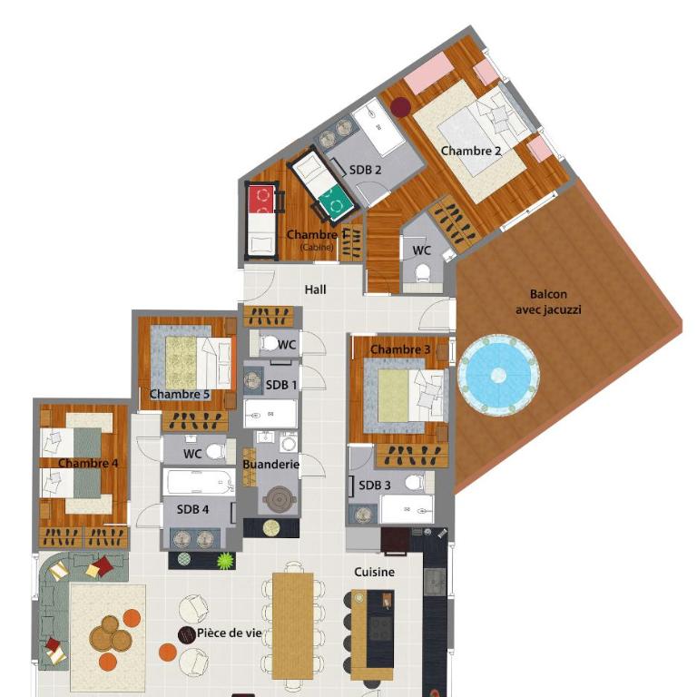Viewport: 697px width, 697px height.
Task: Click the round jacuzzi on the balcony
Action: tap(498, 375)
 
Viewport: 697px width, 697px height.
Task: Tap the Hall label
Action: tap(315, 290)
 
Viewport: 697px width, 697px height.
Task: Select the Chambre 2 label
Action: tap(471, 152)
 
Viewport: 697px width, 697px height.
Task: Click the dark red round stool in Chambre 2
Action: tap(401, 107)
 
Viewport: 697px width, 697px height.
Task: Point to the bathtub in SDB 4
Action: tap(199, 482)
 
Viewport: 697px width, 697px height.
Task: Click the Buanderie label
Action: tap(270, 465)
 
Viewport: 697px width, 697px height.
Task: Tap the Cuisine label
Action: tap(374, 572)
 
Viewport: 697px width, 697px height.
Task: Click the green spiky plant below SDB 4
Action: tap(225, 561)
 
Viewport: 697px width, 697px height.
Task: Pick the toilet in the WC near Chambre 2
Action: tap(422, 272)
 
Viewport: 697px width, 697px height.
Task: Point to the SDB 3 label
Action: tap(374, 486)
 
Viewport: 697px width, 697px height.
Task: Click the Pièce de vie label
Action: tap(230, 633)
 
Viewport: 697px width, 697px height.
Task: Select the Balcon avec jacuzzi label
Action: tap(548, 302)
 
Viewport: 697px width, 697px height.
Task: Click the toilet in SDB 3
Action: tap(417, 482)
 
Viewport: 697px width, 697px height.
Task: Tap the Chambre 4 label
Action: tap(88, 463)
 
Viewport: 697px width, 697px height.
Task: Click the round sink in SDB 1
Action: tap(253, 380)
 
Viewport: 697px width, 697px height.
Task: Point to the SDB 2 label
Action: tap(365, 171)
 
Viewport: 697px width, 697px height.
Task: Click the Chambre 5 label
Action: tap(180, 394)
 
